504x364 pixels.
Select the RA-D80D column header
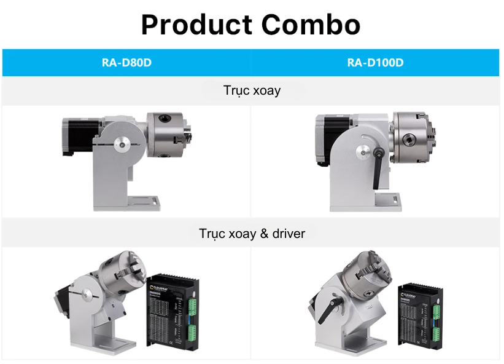pyautogui.click(x=126, y=63)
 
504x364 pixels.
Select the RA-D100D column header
pyautogui.click(x=376, y=63)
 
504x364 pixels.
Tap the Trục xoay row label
pyautogui.click(x=252, y=91)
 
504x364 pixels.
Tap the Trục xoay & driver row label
pyautogui.click(x=252, y=234)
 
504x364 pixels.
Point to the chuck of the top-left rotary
pyautogui.click(x=168, y=135)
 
